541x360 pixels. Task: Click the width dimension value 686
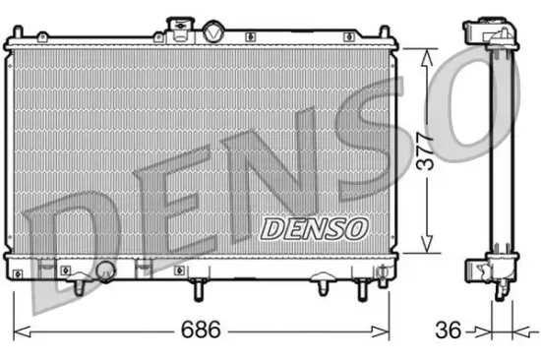point(200,329)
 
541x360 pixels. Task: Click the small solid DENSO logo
point(314,227)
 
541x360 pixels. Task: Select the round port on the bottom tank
point(105,270)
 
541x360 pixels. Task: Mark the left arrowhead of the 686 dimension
point(15,329)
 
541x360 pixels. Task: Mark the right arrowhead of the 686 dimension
point(388,329)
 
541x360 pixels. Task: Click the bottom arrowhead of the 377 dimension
point(426,248)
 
